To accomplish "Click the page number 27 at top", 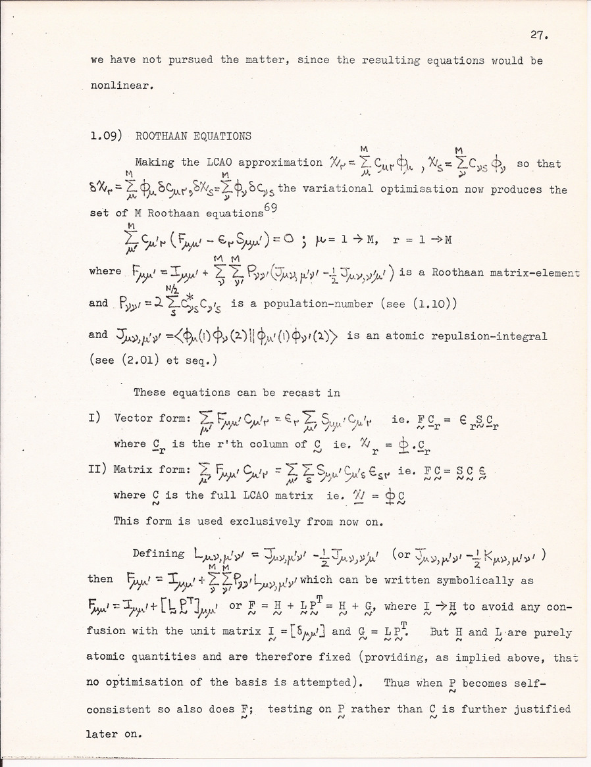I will click(x=551, y=36).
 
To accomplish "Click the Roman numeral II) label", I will click(x=97, y=470).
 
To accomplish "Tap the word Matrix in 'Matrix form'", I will click(x=133, y=470).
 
